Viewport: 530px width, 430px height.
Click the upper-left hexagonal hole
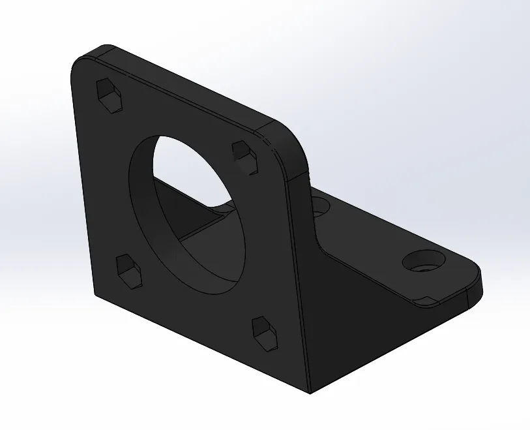(110, 97)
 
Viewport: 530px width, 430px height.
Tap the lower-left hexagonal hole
(130, 271)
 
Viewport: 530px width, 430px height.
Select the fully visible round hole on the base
(424, 262)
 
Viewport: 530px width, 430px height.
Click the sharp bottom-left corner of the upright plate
(95, 295)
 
